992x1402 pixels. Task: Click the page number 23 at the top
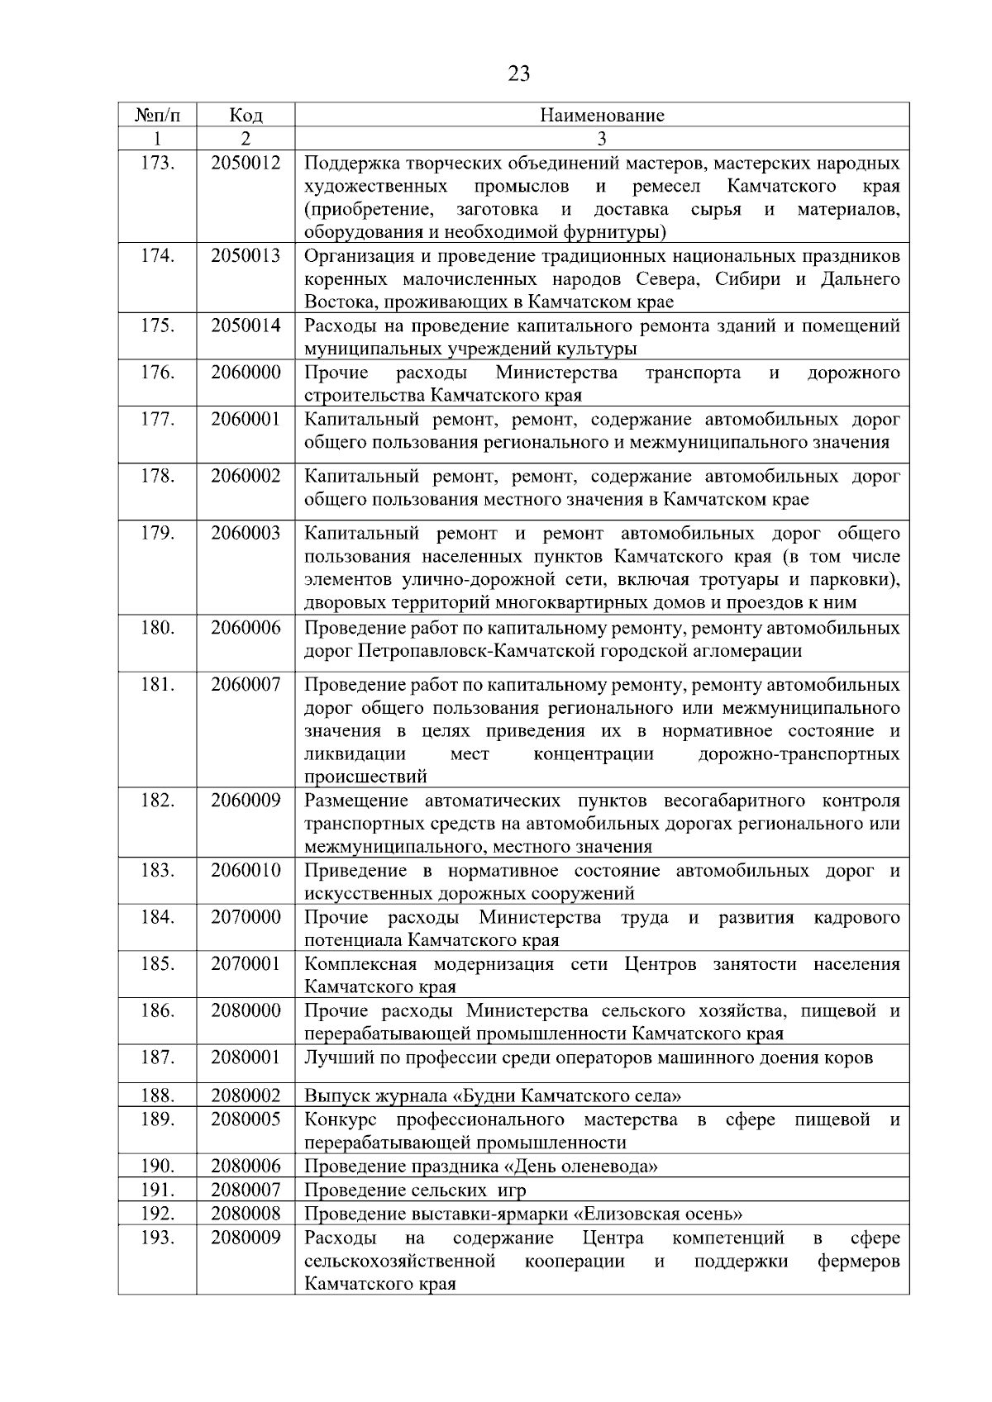click(x=518, y=74)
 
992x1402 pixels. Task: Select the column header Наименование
click(x=602, y=115)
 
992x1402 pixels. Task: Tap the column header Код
click(x=246, y=115)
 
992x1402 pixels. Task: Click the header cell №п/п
click(x=156, y=115)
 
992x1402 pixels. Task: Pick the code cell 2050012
click(x=246, y=163)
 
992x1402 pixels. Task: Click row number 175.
click(x=157, y=326)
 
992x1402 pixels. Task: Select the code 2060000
click(x=246, y=373)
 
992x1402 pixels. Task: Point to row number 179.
click(x=157, y=533)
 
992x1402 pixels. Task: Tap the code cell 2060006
click(x=246, y=628)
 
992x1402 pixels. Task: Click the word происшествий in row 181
click(x=366, y=777)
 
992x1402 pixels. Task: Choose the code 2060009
click(x=246, y=801)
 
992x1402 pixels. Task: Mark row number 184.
click(x=157, y=917)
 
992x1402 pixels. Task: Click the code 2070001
click(x=246, y=964)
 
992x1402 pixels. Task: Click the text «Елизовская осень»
click(x=658, y=1214)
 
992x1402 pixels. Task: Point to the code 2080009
click(x=246, y=1238)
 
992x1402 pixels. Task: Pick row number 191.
click(x=157, y=1191)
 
